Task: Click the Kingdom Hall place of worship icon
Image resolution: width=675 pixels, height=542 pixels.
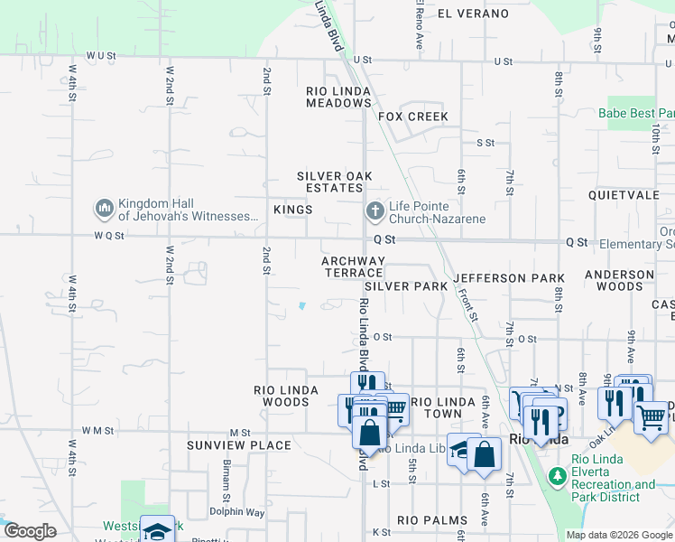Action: [x=104, y=209]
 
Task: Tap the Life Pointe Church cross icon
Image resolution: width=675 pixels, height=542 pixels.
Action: [x=374, y=210]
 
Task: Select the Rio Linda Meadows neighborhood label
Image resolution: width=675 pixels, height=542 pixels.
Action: [x=338, y=98]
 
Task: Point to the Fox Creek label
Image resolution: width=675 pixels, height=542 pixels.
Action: [x=413, y=117]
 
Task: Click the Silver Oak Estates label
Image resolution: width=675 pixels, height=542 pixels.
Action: [x=335, y=182]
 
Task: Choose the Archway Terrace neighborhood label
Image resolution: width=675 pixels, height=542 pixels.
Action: [x=354, y=266]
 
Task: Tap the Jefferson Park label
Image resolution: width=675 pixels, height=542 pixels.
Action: [x=509, y=278]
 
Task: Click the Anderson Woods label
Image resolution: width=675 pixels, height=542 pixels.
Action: [x=619, y=280]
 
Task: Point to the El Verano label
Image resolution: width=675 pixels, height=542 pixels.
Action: [x=473, y=14]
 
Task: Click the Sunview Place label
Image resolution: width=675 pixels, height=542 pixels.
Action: [x=239, y=445]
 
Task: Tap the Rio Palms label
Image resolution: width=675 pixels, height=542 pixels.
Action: [x=432, y=520]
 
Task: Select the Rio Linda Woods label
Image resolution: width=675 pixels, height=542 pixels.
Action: [x=286, y=396]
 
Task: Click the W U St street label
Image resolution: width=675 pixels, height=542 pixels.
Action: [x=101, y=56]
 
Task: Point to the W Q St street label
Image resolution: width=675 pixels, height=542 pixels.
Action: [x=106, y=233]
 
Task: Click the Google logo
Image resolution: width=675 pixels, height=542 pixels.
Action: [x=30, y=531]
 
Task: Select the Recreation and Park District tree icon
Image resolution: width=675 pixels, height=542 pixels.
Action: [x=557, y=474]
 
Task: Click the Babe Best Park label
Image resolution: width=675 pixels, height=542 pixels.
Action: [x=635, y=114]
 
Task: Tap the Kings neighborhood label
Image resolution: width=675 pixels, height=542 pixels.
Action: [x=292, y=210]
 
